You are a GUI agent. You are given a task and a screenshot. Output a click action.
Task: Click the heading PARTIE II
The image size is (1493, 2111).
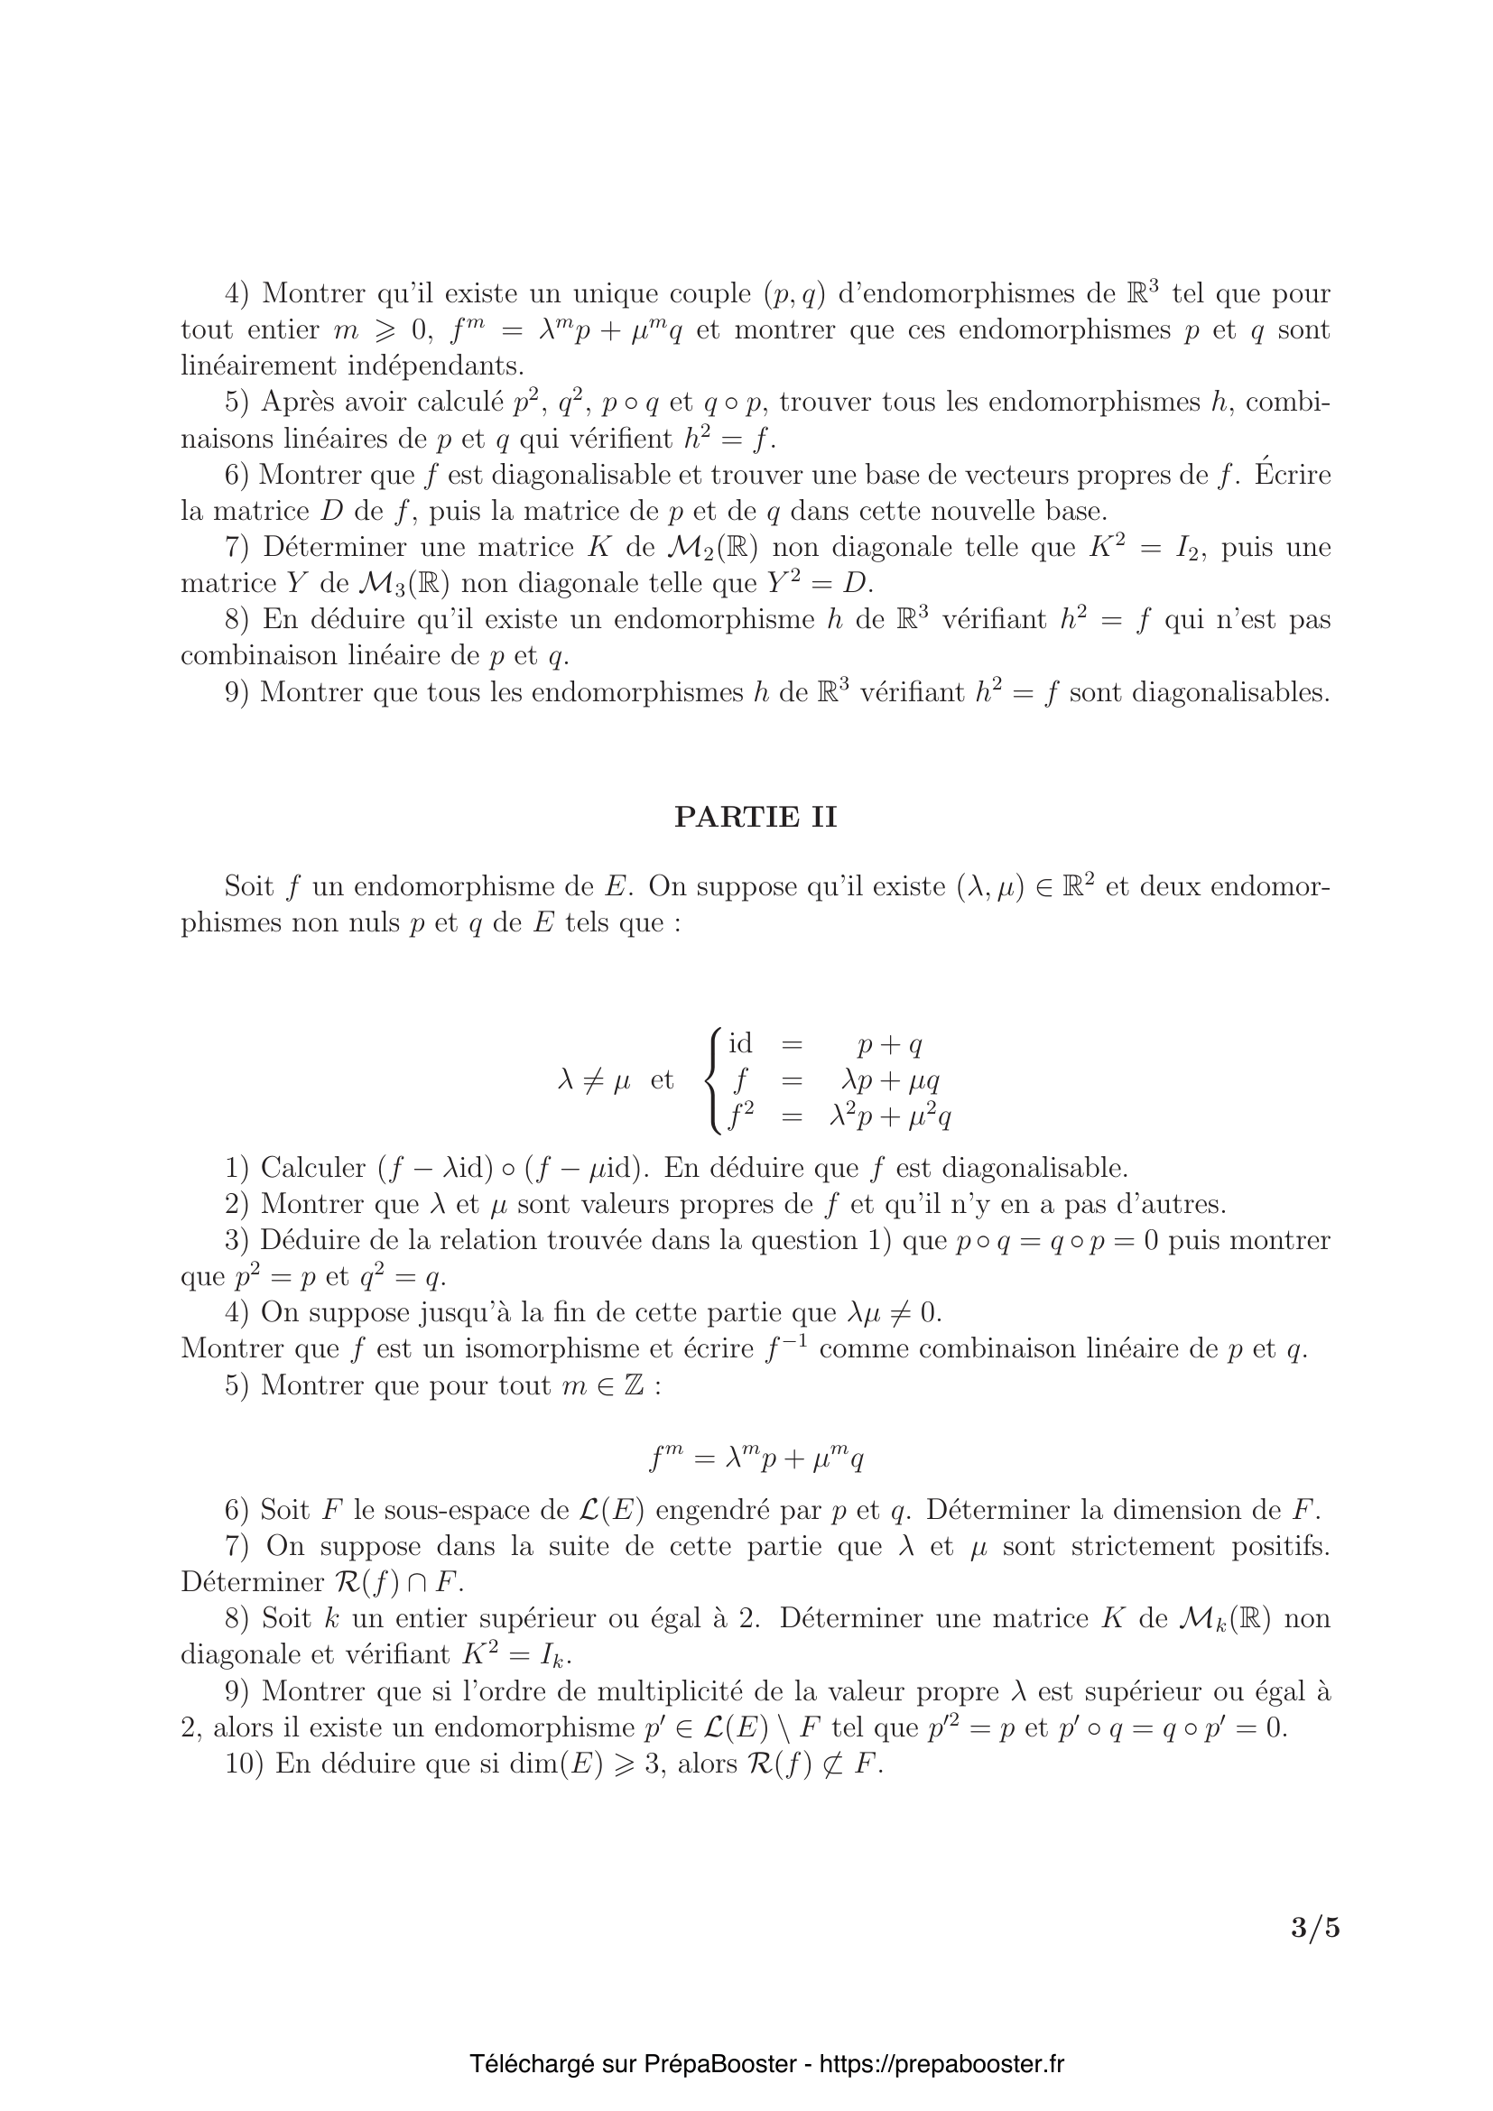[755, 817]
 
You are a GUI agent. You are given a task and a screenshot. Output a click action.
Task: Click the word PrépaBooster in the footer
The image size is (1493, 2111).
[719, 2064]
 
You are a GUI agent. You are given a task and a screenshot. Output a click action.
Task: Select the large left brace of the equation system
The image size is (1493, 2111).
[712, 1080]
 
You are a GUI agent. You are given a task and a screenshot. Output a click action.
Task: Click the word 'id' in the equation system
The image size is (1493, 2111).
[740, 1044]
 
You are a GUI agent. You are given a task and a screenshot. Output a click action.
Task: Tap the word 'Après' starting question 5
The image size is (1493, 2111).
[296, 402]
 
